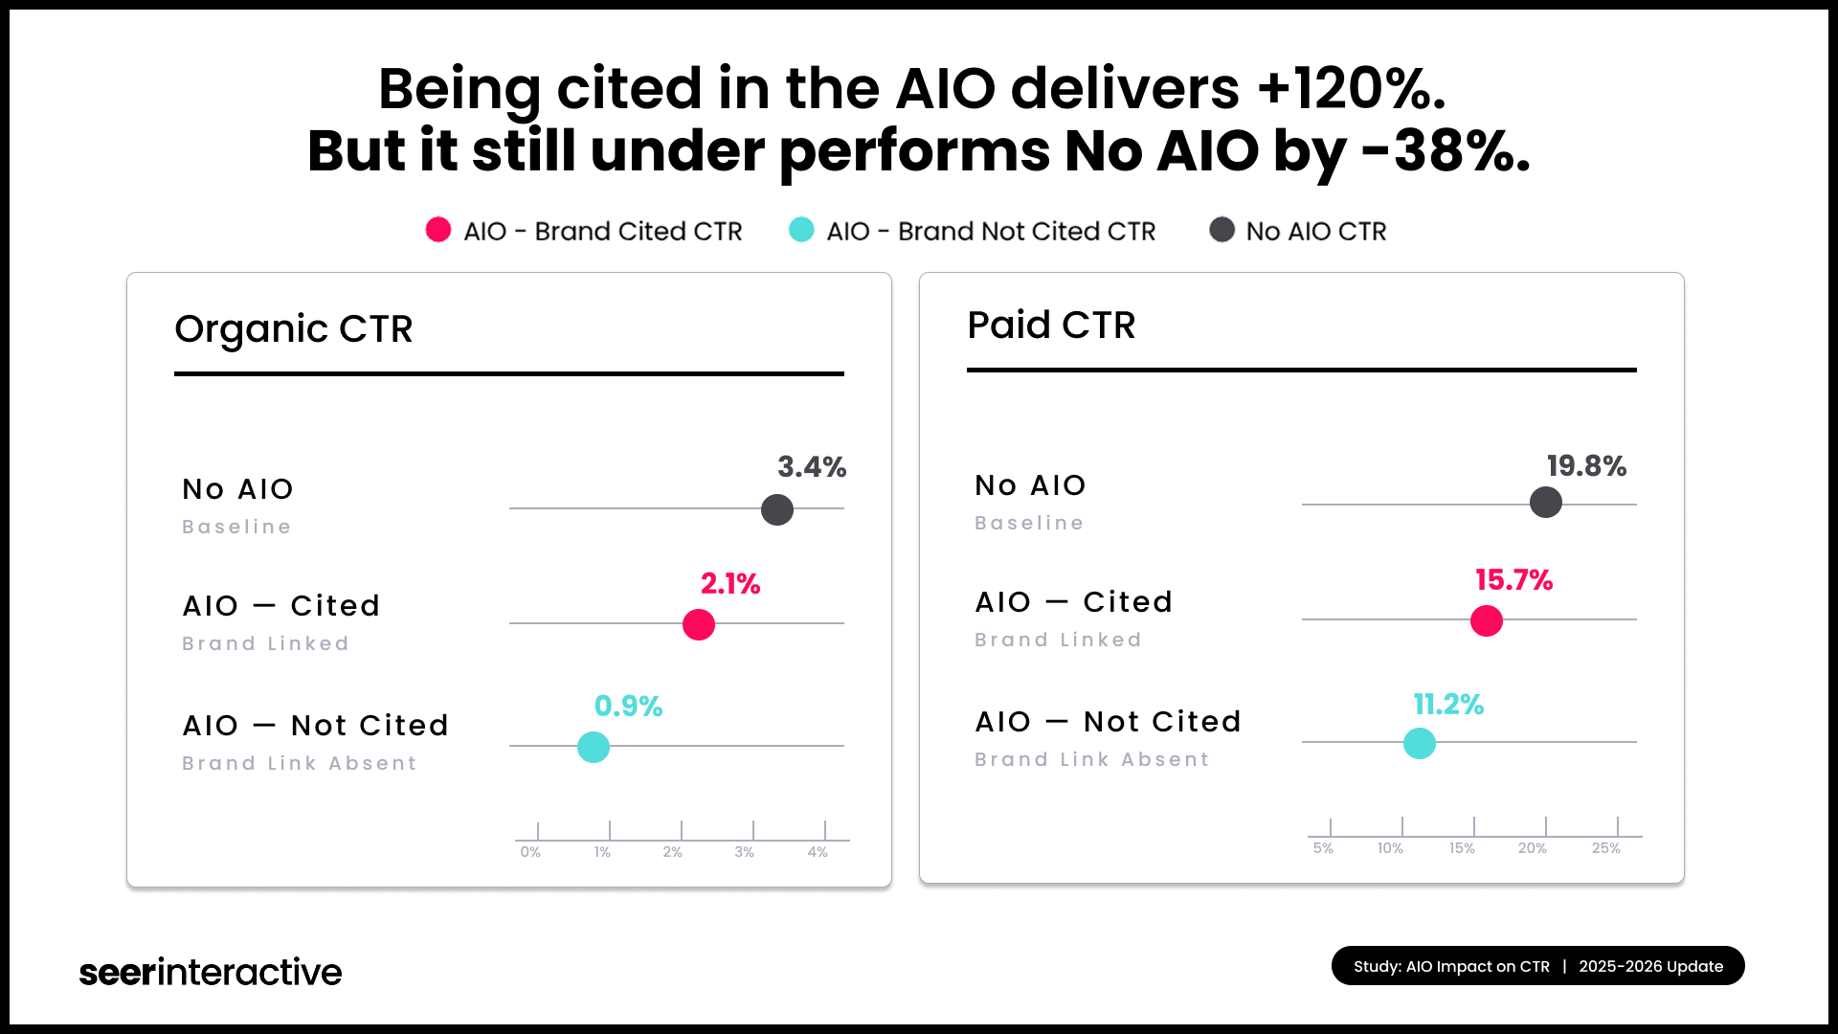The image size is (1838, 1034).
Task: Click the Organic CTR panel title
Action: coord(293,329)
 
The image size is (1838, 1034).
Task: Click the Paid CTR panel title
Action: coord(1051,326)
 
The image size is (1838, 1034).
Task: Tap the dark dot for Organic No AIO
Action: coord(777,509)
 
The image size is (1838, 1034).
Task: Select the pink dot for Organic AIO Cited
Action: coord(699,624)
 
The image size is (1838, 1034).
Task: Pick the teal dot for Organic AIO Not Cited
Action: coord(594,747)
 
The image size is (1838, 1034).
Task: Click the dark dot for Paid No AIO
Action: coord(1546,503)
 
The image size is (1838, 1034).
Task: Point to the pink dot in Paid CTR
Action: coord(1487,620)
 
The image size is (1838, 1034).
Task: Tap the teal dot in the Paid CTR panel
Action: coord(1420,743)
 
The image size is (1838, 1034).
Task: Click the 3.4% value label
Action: coord(812,467)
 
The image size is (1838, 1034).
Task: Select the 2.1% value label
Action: coord(730,584)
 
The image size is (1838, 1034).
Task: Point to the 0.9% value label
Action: coord(628,707)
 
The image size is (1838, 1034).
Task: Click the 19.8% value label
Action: coord(1586,466)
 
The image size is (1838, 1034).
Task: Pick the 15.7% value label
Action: coord(1513,580)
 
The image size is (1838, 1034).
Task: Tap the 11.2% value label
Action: coord(1448,705)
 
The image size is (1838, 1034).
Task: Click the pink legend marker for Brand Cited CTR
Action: coord(438,230)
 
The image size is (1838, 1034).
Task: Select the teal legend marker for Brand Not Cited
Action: coord(801,230)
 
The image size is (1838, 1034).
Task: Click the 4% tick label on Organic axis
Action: coord(818,852)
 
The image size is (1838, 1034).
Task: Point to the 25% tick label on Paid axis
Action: coord(1605,848)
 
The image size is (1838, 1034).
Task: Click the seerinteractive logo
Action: coord(211,972)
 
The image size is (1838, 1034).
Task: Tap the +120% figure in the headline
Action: coord(1350,89)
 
